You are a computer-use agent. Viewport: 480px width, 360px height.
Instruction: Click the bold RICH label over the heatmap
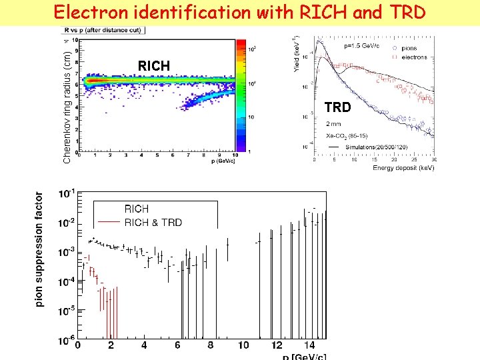click(154, 65)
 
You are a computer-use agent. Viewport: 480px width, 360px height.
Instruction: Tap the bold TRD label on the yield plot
click(337, 106)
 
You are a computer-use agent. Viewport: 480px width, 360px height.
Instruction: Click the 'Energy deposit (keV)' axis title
click(403, 168)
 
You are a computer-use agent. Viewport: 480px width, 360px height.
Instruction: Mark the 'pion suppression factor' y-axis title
click(40, 250)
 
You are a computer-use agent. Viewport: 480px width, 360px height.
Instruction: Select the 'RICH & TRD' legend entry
click(153, 222)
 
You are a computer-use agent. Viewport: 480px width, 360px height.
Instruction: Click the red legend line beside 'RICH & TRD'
click(109, 222)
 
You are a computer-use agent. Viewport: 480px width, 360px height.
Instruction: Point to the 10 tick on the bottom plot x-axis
click(243, 345)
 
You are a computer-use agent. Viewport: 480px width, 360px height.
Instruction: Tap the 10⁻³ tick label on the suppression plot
click(66, 253)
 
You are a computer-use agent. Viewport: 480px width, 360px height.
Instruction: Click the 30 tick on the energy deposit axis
click(435, 160)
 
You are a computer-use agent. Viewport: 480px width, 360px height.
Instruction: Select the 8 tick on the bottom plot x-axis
click(211, 345)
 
